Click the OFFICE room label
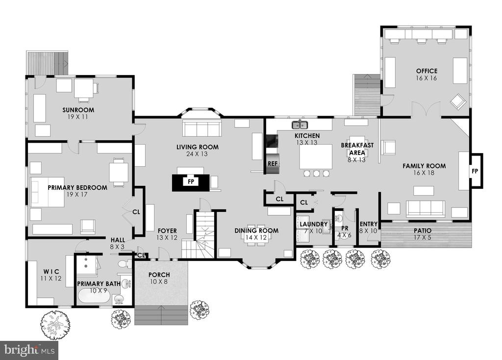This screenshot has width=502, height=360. (x=427, y=71)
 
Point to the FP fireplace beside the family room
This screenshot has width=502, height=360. (x=475, y=172)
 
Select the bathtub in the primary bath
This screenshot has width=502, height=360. (x=94, y=297)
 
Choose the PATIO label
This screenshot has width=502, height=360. (x=426, y=230)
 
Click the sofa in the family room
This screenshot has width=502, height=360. (x=425, y=208)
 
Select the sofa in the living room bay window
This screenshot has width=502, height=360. (x=201, y=129)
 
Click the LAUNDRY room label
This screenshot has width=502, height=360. (x=313, y=224)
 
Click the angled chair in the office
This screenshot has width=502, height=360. (x=459, y=102)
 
